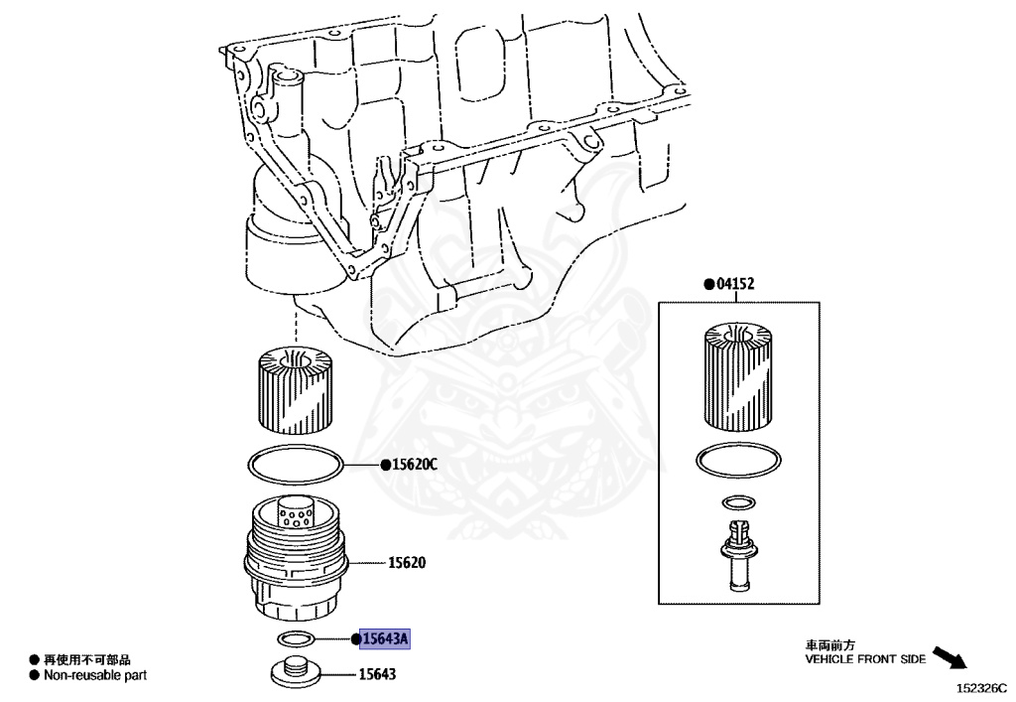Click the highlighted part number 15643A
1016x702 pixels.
point(385,639)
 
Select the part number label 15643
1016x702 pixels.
point(377,675)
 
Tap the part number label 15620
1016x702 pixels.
point(406,563)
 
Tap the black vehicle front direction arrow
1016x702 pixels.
point(952,658)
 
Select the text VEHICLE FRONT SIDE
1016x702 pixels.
point(864,658)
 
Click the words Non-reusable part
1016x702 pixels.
point(95,675)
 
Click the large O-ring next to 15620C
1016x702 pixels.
point(296,463)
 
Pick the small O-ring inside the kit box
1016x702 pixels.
point(739,500)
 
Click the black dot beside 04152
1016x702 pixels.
point(708,284)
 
